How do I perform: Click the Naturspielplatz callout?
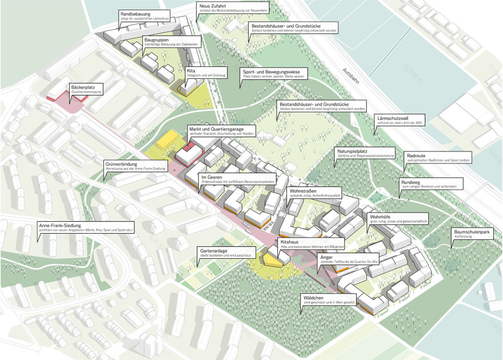click(366, 153)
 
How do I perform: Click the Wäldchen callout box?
click(329, 299)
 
